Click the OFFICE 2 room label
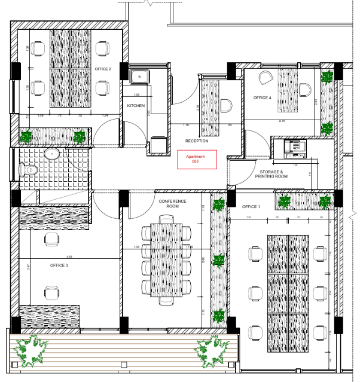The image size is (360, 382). (x=103, y=69)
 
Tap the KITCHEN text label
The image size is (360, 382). (x=136, y=106)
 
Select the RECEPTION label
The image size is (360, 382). (x=196, y=141)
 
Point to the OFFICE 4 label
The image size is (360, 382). (x=262, y=97)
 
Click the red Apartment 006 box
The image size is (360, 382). (x=196, y=159)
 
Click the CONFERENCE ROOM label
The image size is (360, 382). (x=172, y=204)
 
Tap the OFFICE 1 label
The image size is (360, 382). (x=251, y=206)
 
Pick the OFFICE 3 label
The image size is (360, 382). (x=59, y=265)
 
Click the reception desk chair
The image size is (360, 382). (x=225, y=106)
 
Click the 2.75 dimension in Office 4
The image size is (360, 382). (x=282, y=121)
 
